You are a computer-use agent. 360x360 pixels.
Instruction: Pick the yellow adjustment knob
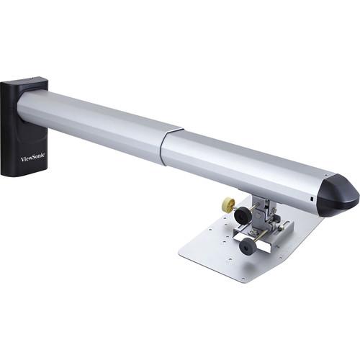tap(229, 204)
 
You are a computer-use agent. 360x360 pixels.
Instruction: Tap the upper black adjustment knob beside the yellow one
tap(242, 214)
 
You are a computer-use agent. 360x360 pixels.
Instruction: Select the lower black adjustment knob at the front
tap(248, 247)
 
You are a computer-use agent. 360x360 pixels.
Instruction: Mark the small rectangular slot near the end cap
tap(311, 199)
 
